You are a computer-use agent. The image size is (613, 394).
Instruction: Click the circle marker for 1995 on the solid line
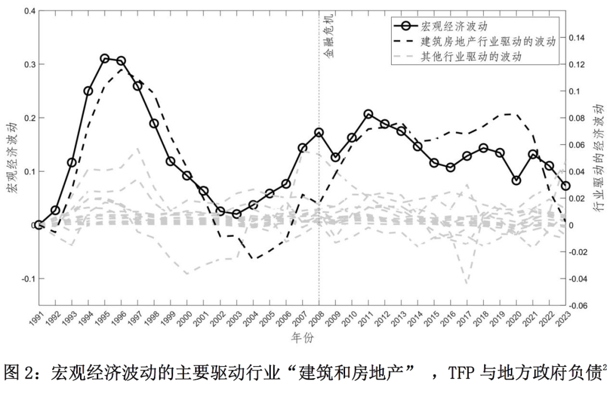(104, 58)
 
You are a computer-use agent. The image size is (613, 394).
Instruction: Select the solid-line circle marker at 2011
(368, 114)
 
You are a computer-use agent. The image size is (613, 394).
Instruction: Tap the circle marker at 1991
(39, 225)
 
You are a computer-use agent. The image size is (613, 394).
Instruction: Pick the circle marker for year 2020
(517, 181)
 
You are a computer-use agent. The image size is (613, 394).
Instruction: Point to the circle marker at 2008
(319, 132)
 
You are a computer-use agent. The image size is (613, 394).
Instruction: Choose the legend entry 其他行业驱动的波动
(471, 57)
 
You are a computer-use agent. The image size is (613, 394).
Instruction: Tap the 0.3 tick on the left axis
(27, 64)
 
